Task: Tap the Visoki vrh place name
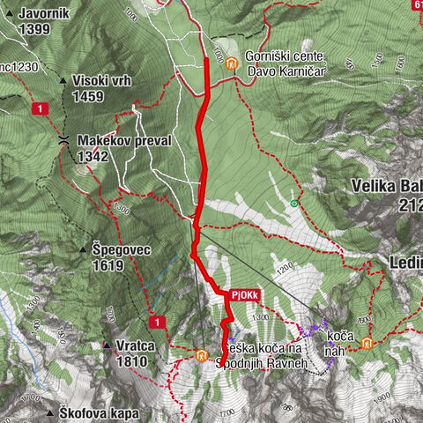click(102, 80)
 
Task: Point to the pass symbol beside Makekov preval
click(63, 140)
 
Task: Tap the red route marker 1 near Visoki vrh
click(40, 108)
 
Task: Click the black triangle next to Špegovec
click(83, 250)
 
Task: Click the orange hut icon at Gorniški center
click(231, 63)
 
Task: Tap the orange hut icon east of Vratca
click(201, 356)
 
